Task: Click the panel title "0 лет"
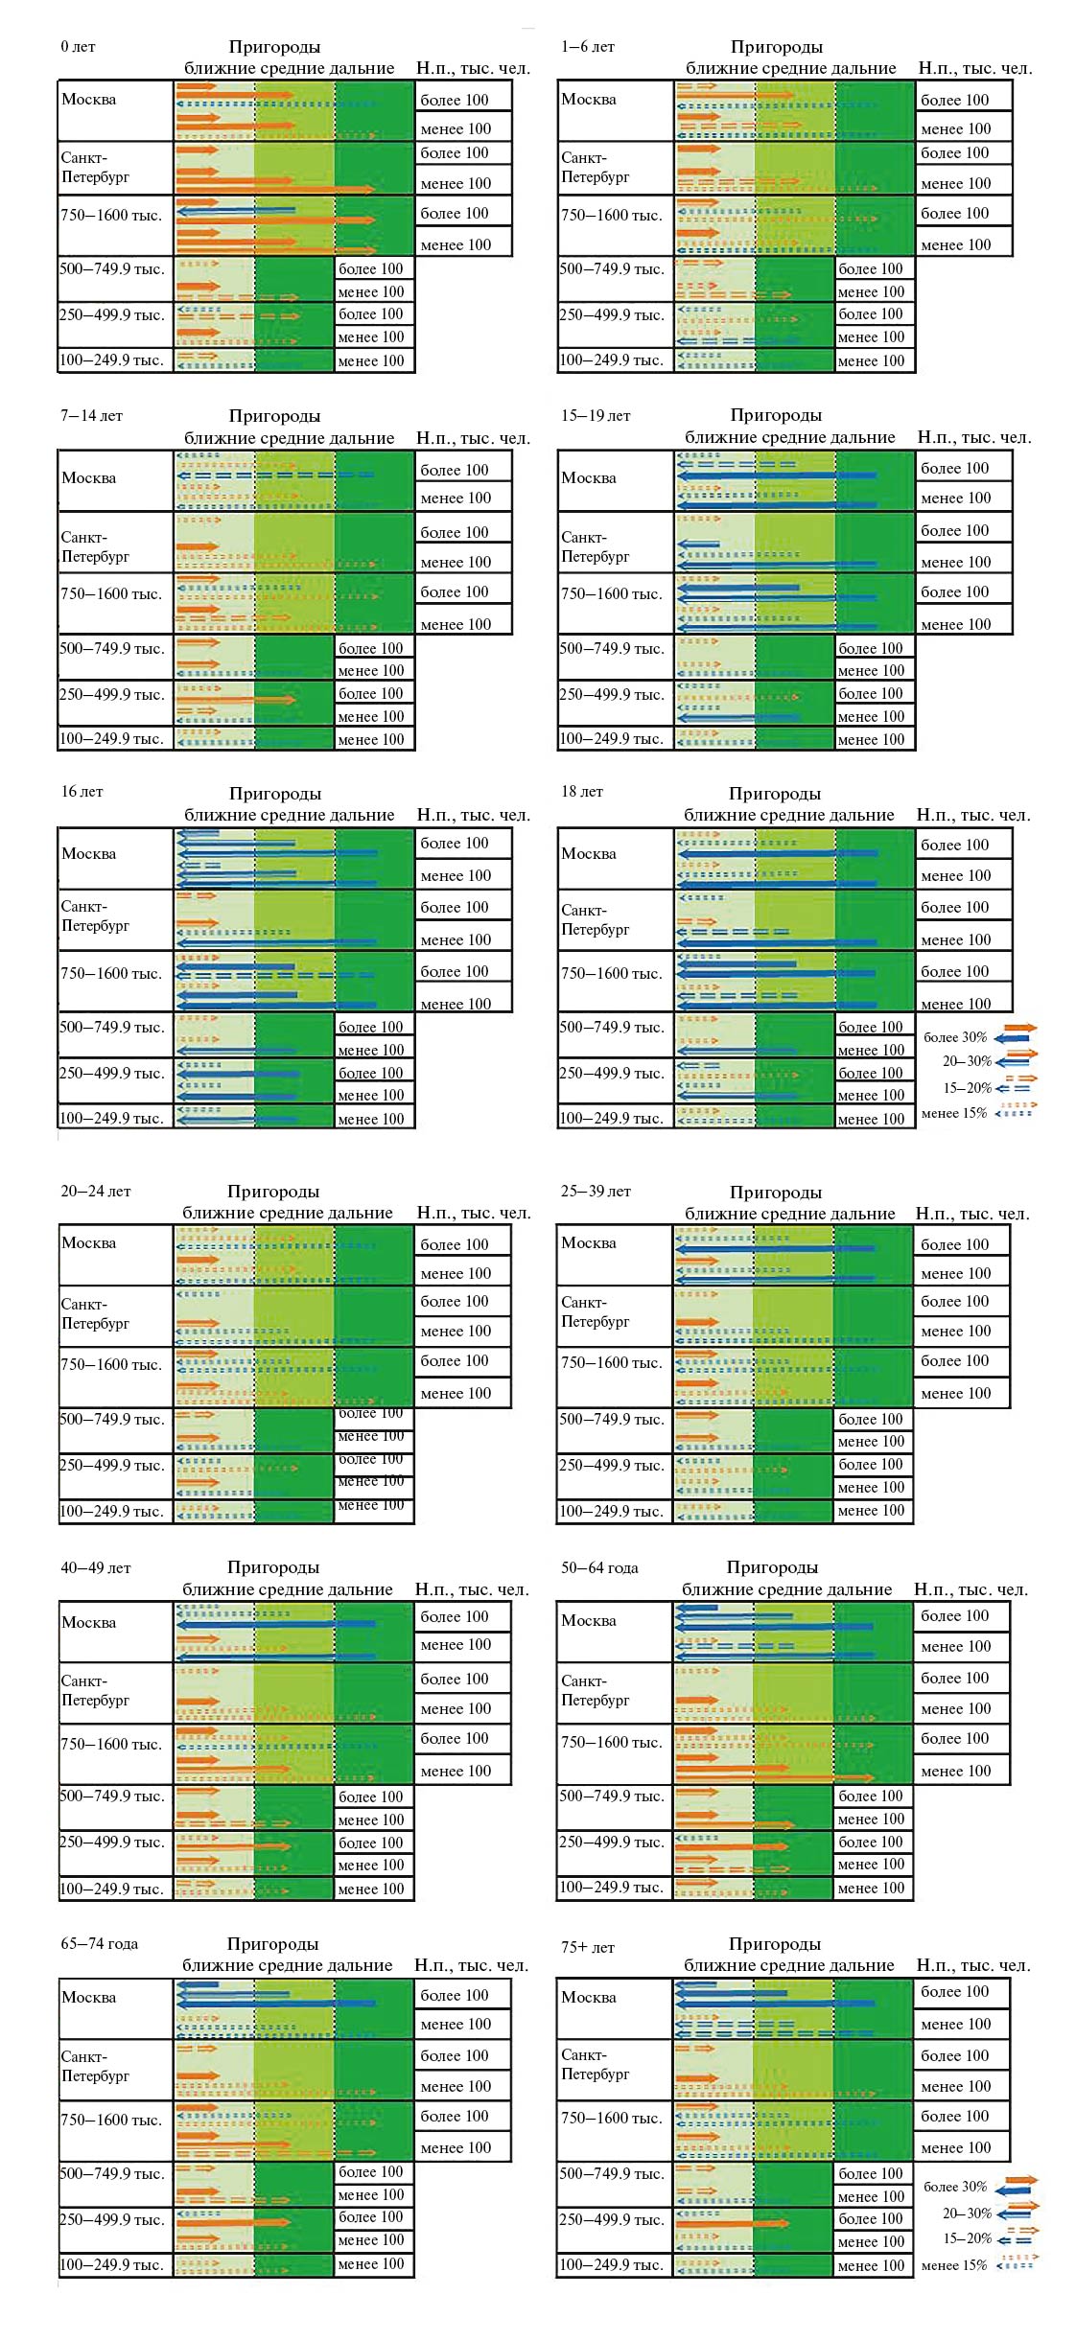tap(78, 47)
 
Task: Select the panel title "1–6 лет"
tap(588, 47)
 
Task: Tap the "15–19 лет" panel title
tap(596, 416)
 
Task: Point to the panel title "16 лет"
tap(82, 792)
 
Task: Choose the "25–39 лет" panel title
tap(596, 1192)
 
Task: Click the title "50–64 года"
tap(599, 1568)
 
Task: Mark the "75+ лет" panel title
tap(588, 1947)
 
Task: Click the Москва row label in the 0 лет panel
tap(88, 100)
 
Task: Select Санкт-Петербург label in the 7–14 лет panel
tap(95, 546)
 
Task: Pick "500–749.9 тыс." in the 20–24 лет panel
tap(111, 1420)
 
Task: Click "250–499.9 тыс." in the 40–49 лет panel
tap(111, 1843)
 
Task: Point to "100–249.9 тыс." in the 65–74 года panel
tap(111, 2265)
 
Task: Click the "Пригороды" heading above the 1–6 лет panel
tap(776, 47)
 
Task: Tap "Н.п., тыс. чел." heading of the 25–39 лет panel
tap(971, 1214)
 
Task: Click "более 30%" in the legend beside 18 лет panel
tap(954, 1037)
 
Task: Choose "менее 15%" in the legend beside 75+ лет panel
tap(953, 2265)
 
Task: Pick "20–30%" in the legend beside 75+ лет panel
tap(966, 2214)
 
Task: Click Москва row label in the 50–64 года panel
tap(588, 1621)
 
